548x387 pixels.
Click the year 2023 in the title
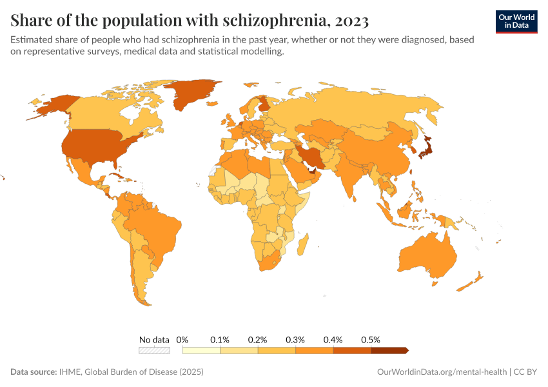(x=352, y=21)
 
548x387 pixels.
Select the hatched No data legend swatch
(x=155, y=351)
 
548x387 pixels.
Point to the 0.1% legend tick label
(x=220, y=339)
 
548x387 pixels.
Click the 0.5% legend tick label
(x=371, y=339)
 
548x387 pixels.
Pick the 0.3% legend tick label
(x=295, y=339)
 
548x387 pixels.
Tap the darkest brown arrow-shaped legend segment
(x=389, y=351)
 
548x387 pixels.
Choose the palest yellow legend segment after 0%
(x=201, y=351)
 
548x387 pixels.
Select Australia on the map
(x=426, y=255)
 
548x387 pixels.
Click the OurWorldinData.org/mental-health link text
(x=442, y=372)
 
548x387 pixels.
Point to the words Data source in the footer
(x=34, y=372)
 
